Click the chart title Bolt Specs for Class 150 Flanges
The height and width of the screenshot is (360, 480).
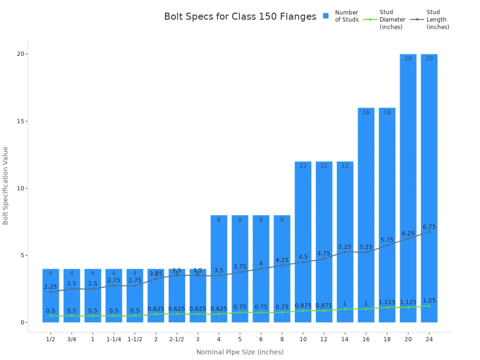click(x=240, y=17)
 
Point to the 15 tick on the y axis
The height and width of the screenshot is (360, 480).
click(x=21, y=121)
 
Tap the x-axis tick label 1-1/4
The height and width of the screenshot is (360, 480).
click(x=113, y=339)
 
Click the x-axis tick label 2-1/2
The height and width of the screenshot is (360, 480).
click(x=177, y=339)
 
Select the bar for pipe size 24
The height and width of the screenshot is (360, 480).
click(x=429, y=187)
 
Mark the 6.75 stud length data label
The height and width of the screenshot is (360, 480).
click(x=429, y=227)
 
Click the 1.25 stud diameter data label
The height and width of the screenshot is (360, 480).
click(x=429, y=300)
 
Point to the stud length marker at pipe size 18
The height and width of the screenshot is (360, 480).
click(x=387, y=245)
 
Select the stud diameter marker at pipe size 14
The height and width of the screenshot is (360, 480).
click(x=345, y=309)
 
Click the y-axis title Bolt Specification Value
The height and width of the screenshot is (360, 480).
click(x=6, y=185)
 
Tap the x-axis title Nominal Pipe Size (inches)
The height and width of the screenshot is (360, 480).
click(x=240, y=352)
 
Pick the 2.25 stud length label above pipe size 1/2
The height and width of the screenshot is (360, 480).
click(x=51, y=287)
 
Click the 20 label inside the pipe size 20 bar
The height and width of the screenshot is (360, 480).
click(x=408, y=59)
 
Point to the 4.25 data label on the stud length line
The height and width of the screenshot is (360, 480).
click(x=282, y=260)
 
